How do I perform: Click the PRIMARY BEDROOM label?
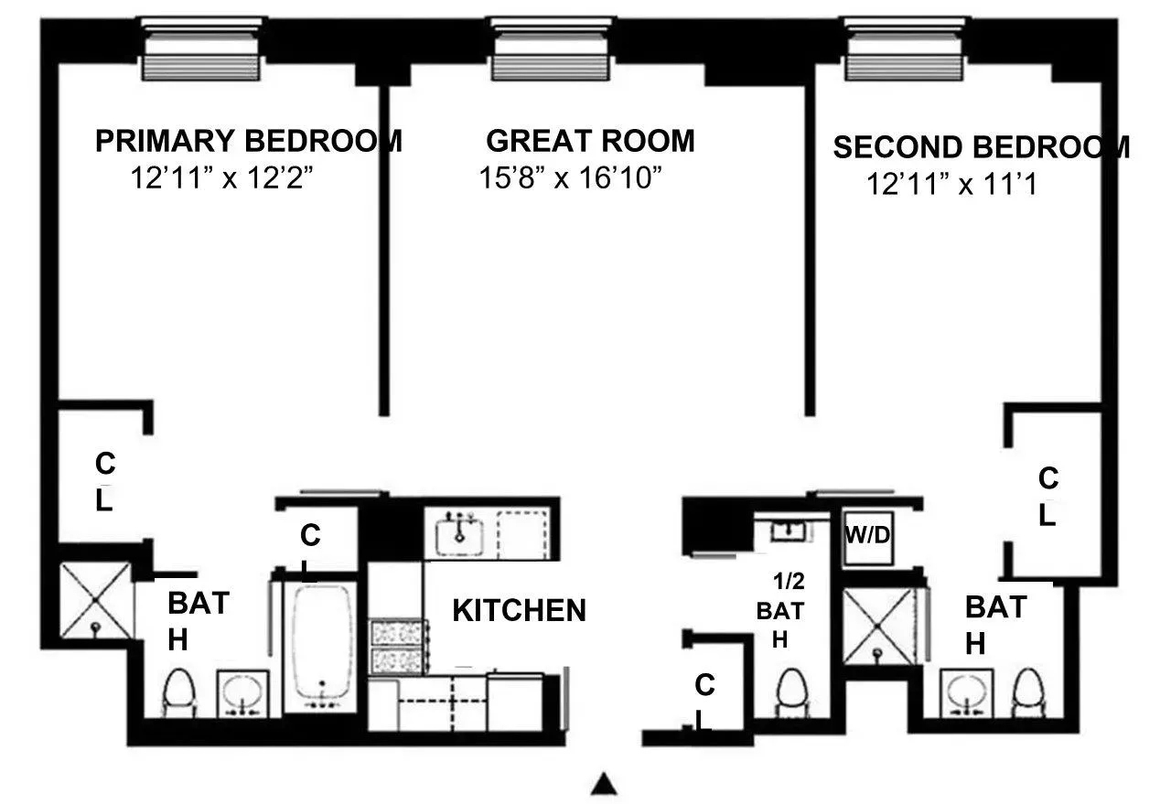tap(248, 141)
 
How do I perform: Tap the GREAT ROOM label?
tap(590, 141)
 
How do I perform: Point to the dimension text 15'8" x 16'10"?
tap(570, 177)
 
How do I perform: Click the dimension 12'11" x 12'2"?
tap(222, 177)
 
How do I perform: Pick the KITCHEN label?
tap(519, 611)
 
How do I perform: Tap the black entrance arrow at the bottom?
tap(603, 784)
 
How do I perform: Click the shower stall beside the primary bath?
tap(95, 600)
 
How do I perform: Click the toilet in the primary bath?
tap(178, 693)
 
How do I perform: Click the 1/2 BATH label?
tap(779, 608)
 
